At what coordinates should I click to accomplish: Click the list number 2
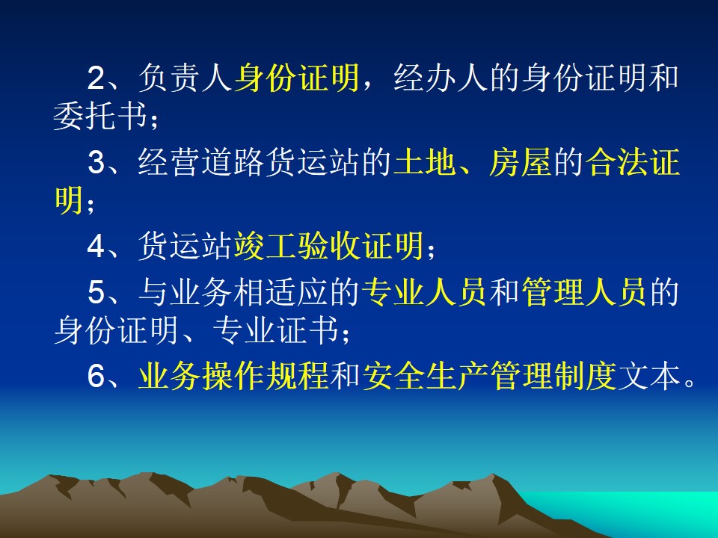pos(96,78)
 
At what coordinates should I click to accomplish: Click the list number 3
pos(96,162)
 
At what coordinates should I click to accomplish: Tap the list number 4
pos(96,247)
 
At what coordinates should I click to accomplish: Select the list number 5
pos(96,292)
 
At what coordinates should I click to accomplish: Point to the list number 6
pos(96,377)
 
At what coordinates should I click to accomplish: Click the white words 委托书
pos(102,117)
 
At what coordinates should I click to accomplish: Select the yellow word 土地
pos(425,162)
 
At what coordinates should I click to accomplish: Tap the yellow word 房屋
pos(521,162)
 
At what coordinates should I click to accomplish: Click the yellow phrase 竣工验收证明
pos(329,247)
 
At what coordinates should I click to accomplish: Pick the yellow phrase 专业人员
pos(424,292)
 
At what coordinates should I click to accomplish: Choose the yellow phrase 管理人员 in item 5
pos(583,292)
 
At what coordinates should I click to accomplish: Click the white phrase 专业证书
pos(276,330)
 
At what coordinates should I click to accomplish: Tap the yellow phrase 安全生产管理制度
pos(488,377)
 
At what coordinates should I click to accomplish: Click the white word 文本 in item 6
pos(648,377)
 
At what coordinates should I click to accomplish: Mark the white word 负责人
pos(185,78)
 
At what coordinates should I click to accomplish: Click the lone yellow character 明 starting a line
pos(69,200)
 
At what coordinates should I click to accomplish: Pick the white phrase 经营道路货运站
pos(248,162)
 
